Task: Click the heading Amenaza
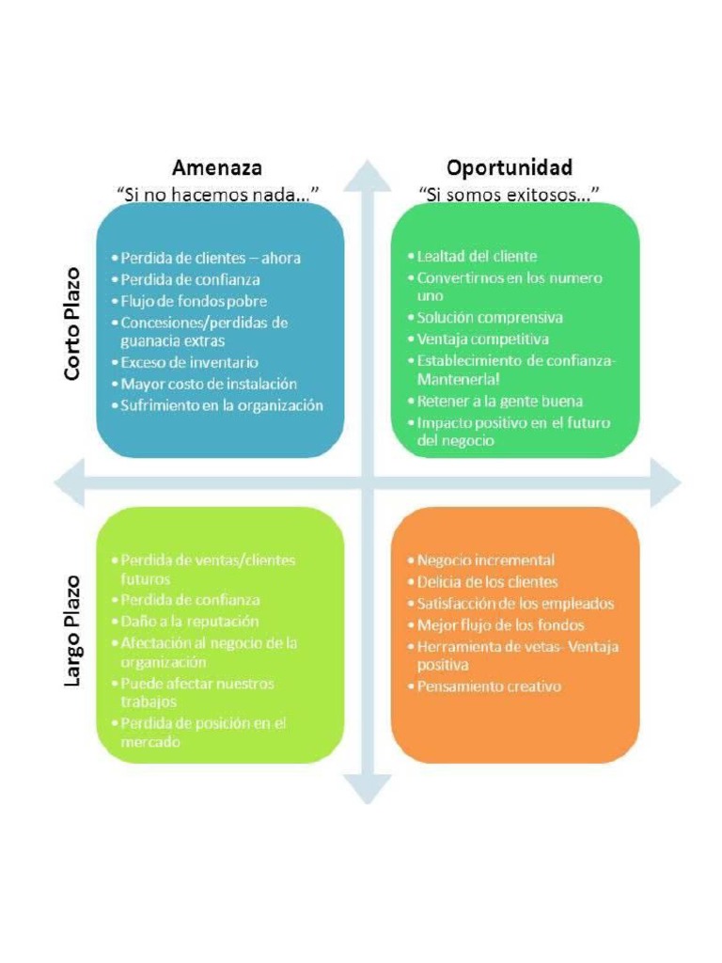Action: tap(216, 168)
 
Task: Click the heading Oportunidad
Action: tap(509, 168)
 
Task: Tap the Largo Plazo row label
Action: tap(73, 630)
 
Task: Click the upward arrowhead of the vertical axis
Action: tap(367, 177)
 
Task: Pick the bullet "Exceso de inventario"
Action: tap(188, 362)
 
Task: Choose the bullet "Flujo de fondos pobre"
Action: tap(193, 301)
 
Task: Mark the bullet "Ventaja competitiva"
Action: tap(482, 339)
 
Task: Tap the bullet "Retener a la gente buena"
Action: tap(499, 402)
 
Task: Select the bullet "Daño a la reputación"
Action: tap(189, 622)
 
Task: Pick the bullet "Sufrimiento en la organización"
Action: tap(221, 405)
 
